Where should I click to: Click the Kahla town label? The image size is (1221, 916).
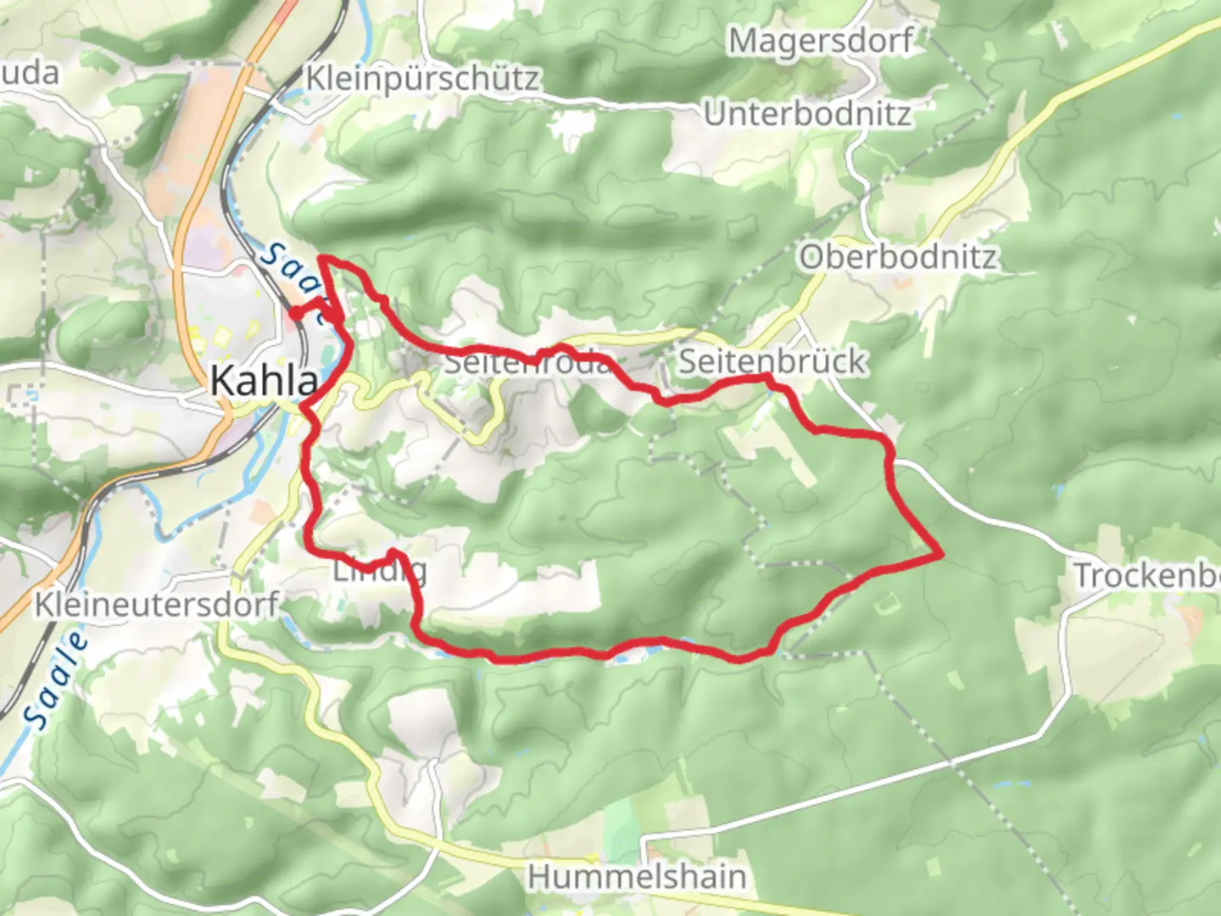tap(264, 381)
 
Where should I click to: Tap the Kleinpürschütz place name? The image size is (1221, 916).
tap(421, 79)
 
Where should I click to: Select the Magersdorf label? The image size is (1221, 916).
tap(821, 41)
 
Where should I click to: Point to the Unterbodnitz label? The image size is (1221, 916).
tap(807, 114)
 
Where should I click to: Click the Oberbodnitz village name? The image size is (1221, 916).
tap(898, 257)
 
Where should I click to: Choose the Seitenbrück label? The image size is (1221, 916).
tap(772, 362)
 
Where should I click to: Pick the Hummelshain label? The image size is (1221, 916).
tap(637, 876)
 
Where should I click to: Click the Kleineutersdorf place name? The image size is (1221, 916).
tap(157, 605)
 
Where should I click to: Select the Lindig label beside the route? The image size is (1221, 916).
tap(379, 571)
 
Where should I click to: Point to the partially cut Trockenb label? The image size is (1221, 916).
tap(1146, 577)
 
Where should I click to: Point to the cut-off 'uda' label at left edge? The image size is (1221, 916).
tap(29, 74)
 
